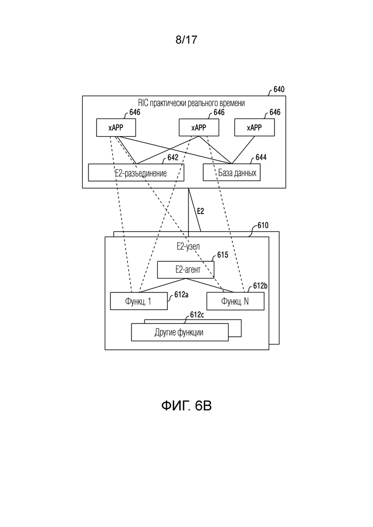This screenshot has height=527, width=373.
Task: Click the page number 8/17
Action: coord(186,40)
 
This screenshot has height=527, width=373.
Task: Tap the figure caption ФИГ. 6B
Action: coord(186,406)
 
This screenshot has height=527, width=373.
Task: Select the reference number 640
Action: coord(279,89)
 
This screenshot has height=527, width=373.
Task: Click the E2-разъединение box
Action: coord(136,172)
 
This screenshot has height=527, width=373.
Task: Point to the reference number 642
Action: coord(173,157)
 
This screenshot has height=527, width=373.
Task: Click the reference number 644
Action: coord(261,157)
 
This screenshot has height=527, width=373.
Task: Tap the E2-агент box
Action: coord(186,269)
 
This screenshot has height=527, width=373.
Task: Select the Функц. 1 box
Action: coord(139,301)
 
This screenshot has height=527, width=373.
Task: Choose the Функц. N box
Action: coord(235,301)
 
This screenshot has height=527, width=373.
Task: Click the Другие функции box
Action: coord(180,332)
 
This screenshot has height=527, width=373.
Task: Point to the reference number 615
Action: coord(222,255)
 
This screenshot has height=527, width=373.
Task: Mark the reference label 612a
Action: coord(181,295)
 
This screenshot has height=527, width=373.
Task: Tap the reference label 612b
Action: coord(260,286)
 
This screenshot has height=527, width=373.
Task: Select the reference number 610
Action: coord(263,225)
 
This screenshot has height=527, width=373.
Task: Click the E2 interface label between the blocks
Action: coord(200,211)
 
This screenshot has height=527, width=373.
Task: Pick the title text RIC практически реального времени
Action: coord(191,103)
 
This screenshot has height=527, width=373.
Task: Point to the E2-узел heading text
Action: coord(188,247)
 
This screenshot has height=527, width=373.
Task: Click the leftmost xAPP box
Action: coord(116,128)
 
